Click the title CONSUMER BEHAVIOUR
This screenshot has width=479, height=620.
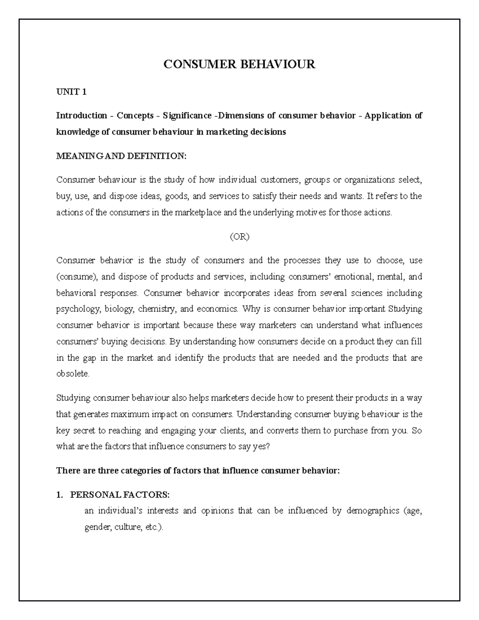(239, 64)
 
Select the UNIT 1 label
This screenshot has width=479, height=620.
(71, 92)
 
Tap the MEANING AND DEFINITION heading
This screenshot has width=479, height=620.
(121, 156)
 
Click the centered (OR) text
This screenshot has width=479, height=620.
(239, 237)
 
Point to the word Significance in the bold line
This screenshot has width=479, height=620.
(187, 116)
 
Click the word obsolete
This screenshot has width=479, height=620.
(73, 374)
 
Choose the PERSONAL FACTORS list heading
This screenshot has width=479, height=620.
(120, 495)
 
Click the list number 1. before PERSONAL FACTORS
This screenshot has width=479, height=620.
(60, 495)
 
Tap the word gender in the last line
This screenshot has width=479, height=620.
(97, 527)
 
